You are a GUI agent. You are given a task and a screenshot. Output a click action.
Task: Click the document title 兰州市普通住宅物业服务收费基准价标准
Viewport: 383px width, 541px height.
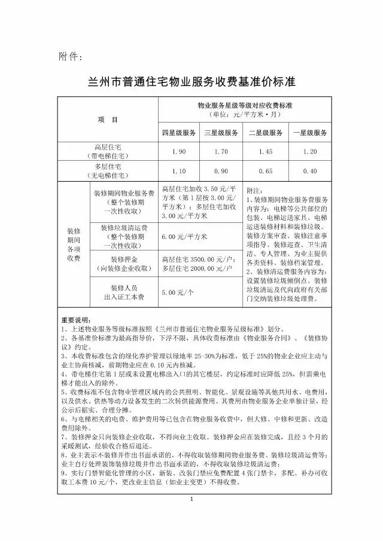click(x=191, y=81)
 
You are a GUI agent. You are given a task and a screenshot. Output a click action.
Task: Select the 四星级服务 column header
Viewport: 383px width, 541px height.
click(x=178, y=132)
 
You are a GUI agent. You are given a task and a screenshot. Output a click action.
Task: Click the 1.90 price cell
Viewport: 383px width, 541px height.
click(x=178, y=152)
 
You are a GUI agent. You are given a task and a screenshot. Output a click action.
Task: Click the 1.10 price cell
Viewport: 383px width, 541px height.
click(x=178, y=171)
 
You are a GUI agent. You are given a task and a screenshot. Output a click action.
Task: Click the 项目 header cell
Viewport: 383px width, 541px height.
click(x=108, y=120)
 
